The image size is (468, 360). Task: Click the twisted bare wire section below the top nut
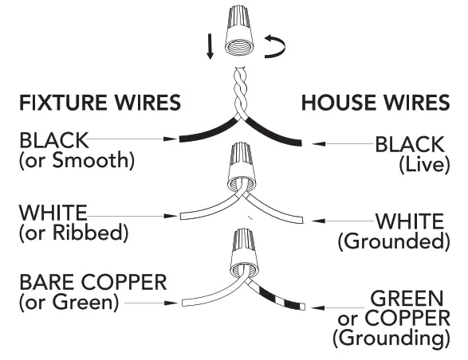[239, 91]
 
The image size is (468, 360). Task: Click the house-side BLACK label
[410, 145]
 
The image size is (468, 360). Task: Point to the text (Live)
[426, 164]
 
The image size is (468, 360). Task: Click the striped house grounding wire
[279, 295]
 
